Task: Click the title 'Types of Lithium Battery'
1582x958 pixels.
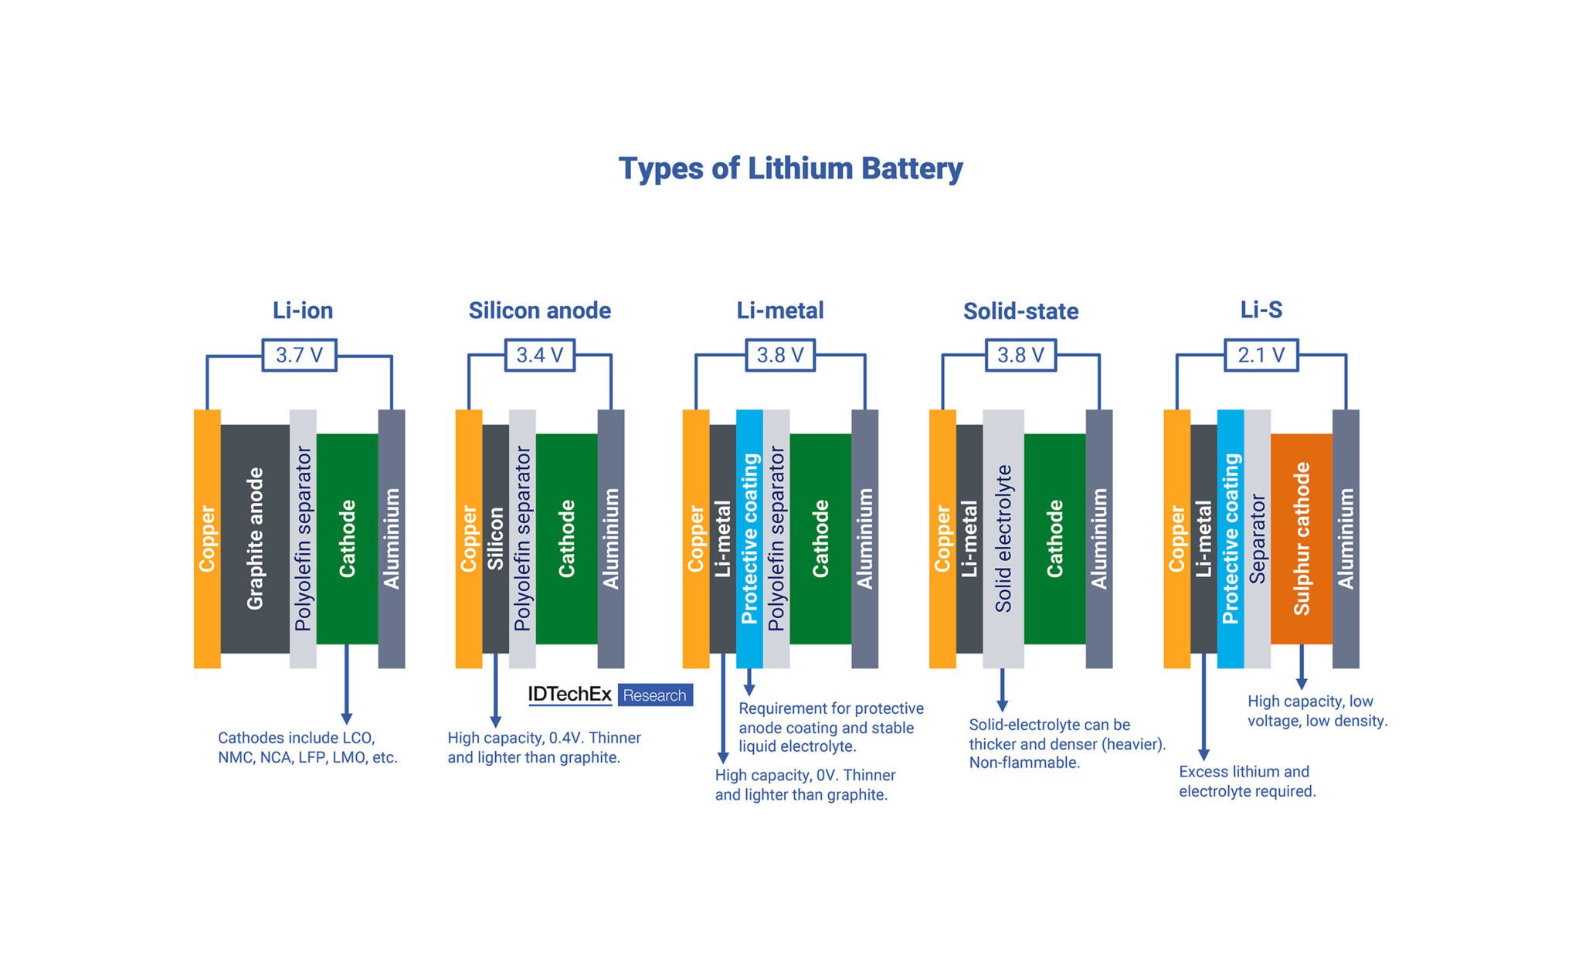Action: click(790, 168)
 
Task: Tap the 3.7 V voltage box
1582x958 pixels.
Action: click(299, 355)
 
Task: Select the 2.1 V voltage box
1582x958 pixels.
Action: click(1261, 355)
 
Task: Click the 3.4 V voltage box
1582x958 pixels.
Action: click(539, 355)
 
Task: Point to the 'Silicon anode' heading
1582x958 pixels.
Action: click(539, 311)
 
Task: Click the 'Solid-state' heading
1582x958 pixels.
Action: click(1020, 311)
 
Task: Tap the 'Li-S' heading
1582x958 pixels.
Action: click(1261, 310)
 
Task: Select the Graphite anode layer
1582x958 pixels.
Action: click(255, 538)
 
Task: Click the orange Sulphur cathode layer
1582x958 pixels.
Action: click(1301, 538)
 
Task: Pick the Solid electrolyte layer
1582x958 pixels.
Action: click(1003, 538)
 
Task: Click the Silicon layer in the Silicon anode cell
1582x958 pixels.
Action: click(495, 538)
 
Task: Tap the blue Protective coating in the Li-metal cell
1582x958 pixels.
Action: click(749, 538)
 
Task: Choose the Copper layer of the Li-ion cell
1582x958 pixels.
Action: click(207, 538)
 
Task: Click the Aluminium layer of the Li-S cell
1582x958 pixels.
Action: click(1346, 538)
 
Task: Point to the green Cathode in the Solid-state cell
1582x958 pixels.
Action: click(1054, 538)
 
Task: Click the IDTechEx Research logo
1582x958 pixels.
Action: click(610, 695)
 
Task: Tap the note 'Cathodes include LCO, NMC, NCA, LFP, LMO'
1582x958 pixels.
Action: click(307, 747)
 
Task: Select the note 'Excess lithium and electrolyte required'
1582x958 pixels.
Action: click(1247, 781)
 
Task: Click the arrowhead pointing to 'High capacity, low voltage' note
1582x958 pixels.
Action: click(1301, 683)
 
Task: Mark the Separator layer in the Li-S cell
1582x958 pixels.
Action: click(1257, 538)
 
